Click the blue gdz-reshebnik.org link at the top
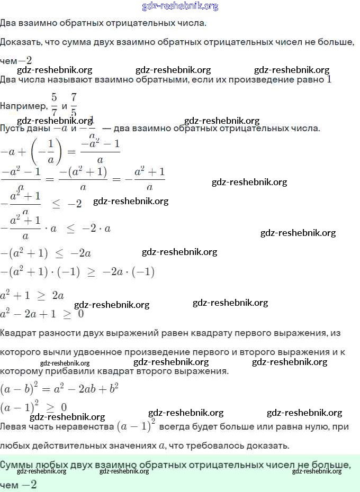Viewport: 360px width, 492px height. click(180, 6)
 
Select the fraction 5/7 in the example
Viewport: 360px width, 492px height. click(53, 104)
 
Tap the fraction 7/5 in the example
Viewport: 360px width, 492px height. click(74, 104)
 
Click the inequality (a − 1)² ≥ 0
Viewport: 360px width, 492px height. click(33, 407)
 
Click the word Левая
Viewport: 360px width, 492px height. click(14, 426)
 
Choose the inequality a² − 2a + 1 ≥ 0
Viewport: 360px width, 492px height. click(42, 314)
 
